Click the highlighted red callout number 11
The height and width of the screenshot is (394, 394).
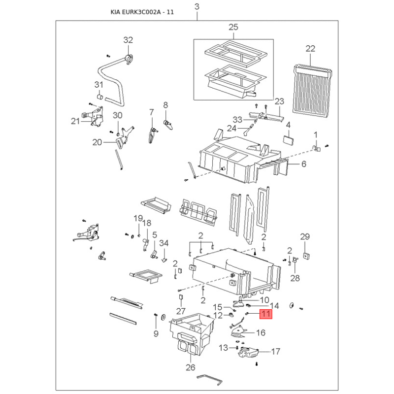click(x=266, y=314)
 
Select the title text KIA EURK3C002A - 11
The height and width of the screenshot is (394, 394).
click(x=142, y=12)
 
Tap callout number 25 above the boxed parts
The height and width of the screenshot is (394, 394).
click(x=233, y=27)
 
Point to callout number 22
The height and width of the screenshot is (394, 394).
click(x=311, y=48)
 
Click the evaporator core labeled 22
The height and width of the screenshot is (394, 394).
click(x=312, y=91)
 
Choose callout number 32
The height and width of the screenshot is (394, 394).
click(x=128, y=40)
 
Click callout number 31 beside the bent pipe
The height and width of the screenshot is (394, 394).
click(x=99, y=85)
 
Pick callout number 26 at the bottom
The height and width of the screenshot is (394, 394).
click(x=191, y=367)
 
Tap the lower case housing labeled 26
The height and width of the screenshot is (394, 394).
click(x=192, y=334)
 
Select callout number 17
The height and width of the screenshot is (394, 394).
click(x=276, y=351)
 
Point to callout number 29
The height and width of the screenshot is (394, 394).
click(x=305, y=237)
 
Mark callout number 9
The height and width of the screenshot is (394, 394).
click(x=156, y=333)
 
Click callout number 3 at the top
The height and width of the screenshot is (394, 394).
click(x=197, y=6)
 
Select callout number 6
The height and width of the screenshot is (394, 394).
click(x=304, y=164)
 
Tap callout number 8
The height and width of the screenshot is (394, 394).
click(x=165, y=105)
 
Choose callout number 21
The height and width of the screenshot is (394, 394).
click(x=75, y=121)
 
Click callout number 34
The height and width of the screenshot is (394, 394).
click(x=164, y=243)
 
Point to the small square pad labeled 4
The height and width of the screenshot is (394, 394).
click(x=289, y=140)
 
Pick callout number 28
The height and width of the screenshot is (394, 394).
click(x=295, y=278)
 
